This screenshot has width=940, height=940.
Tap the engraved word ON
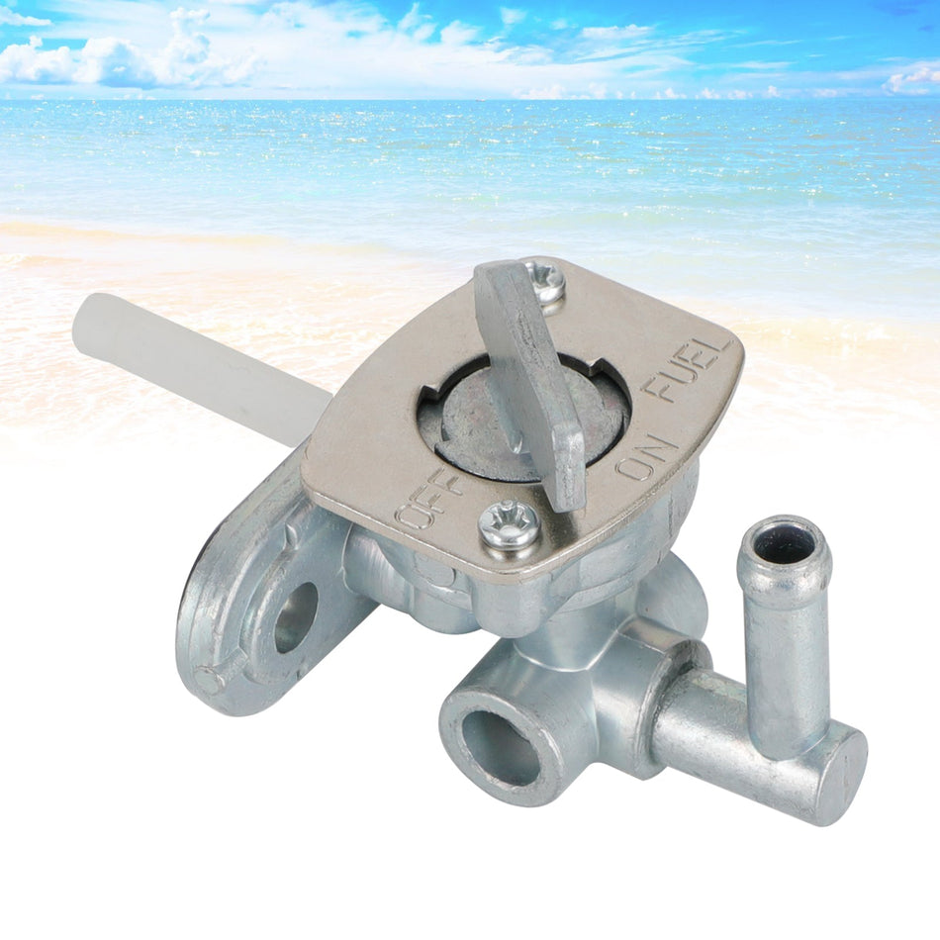[649, 455]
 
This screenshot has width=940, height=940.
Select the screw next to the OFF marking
[510, 525]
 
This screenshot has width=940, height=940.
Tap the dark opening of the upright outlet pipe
[785, 543]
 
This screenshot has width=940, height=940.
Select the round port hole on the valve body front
[501, 747]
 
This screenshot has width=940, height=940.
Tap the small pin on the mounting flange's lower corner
[206, 681]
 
